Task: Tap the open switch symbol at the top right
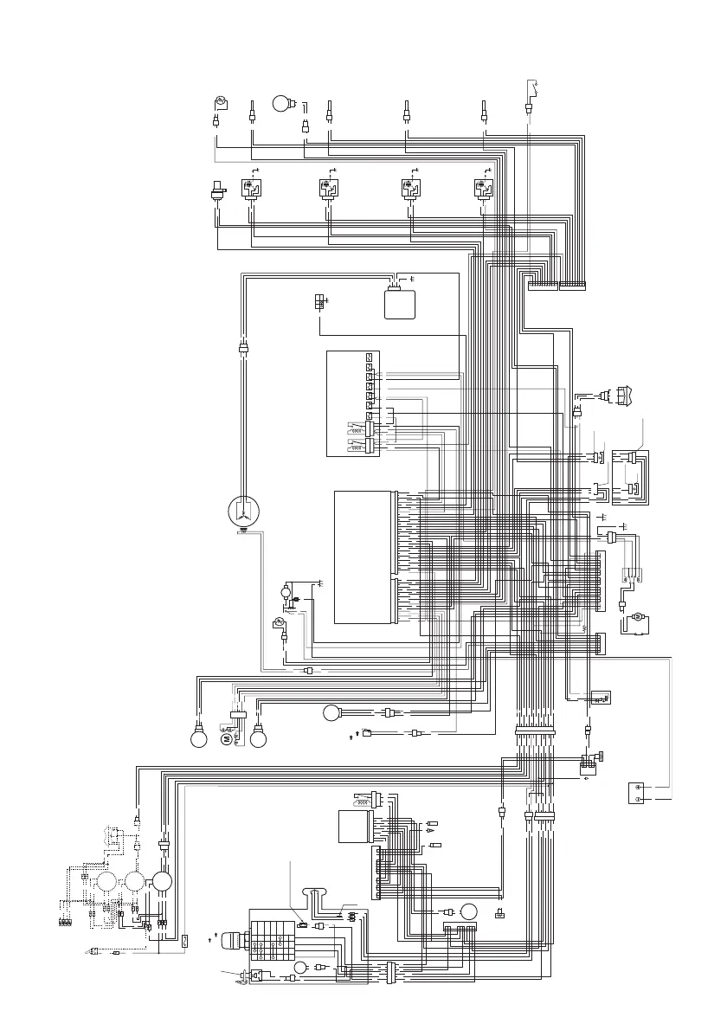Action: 533,88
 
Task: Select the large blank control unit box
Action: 363,557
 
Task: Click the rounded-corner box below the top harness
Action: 401,303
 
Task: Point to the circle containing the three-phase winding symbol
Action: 244,512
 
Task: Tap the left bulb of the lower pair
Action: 198,738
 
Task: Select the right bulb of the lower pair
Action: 257,738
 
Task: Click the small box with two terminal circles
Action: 639,793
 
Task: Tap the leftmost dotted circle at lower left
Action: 108,883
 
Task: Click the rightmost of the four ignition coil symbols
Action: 482,190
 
